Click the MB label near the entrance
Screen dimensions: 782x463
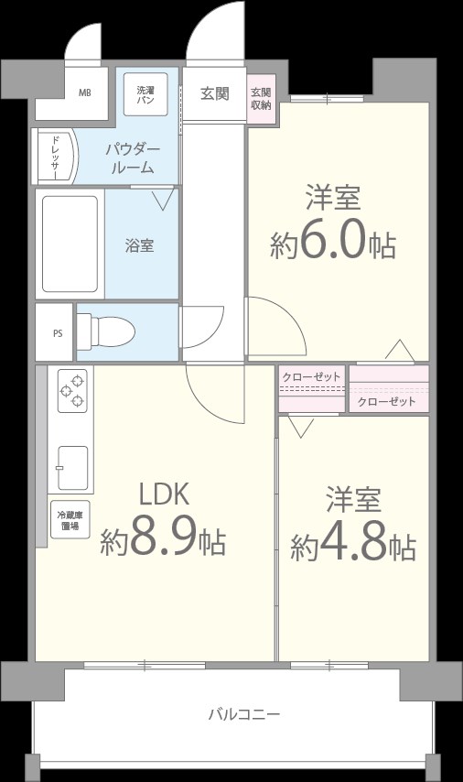point(84,93)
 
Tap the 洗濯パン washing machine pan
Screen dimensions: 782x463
point(145,94)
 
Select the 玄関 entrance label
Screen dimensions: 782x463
point(215,93)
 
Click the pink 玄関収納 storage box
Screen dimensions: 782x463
point(261,98)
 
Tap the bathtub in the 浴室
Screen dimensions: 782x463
point(70,244)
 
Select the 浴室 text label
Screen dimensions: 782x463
point(139,245)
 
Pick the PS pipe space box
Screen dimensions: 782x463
point(55,331)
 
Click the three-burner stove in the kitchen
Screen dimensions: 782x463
point(72,391)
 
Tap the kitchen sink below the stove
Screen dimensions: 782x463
point(72,469)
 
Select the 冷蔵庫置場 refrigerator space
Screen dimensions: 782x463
point(70,520)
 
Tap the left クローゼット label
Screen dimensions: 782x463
point(311,377)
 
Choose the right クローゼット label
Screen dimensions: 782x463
point(386,401)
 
